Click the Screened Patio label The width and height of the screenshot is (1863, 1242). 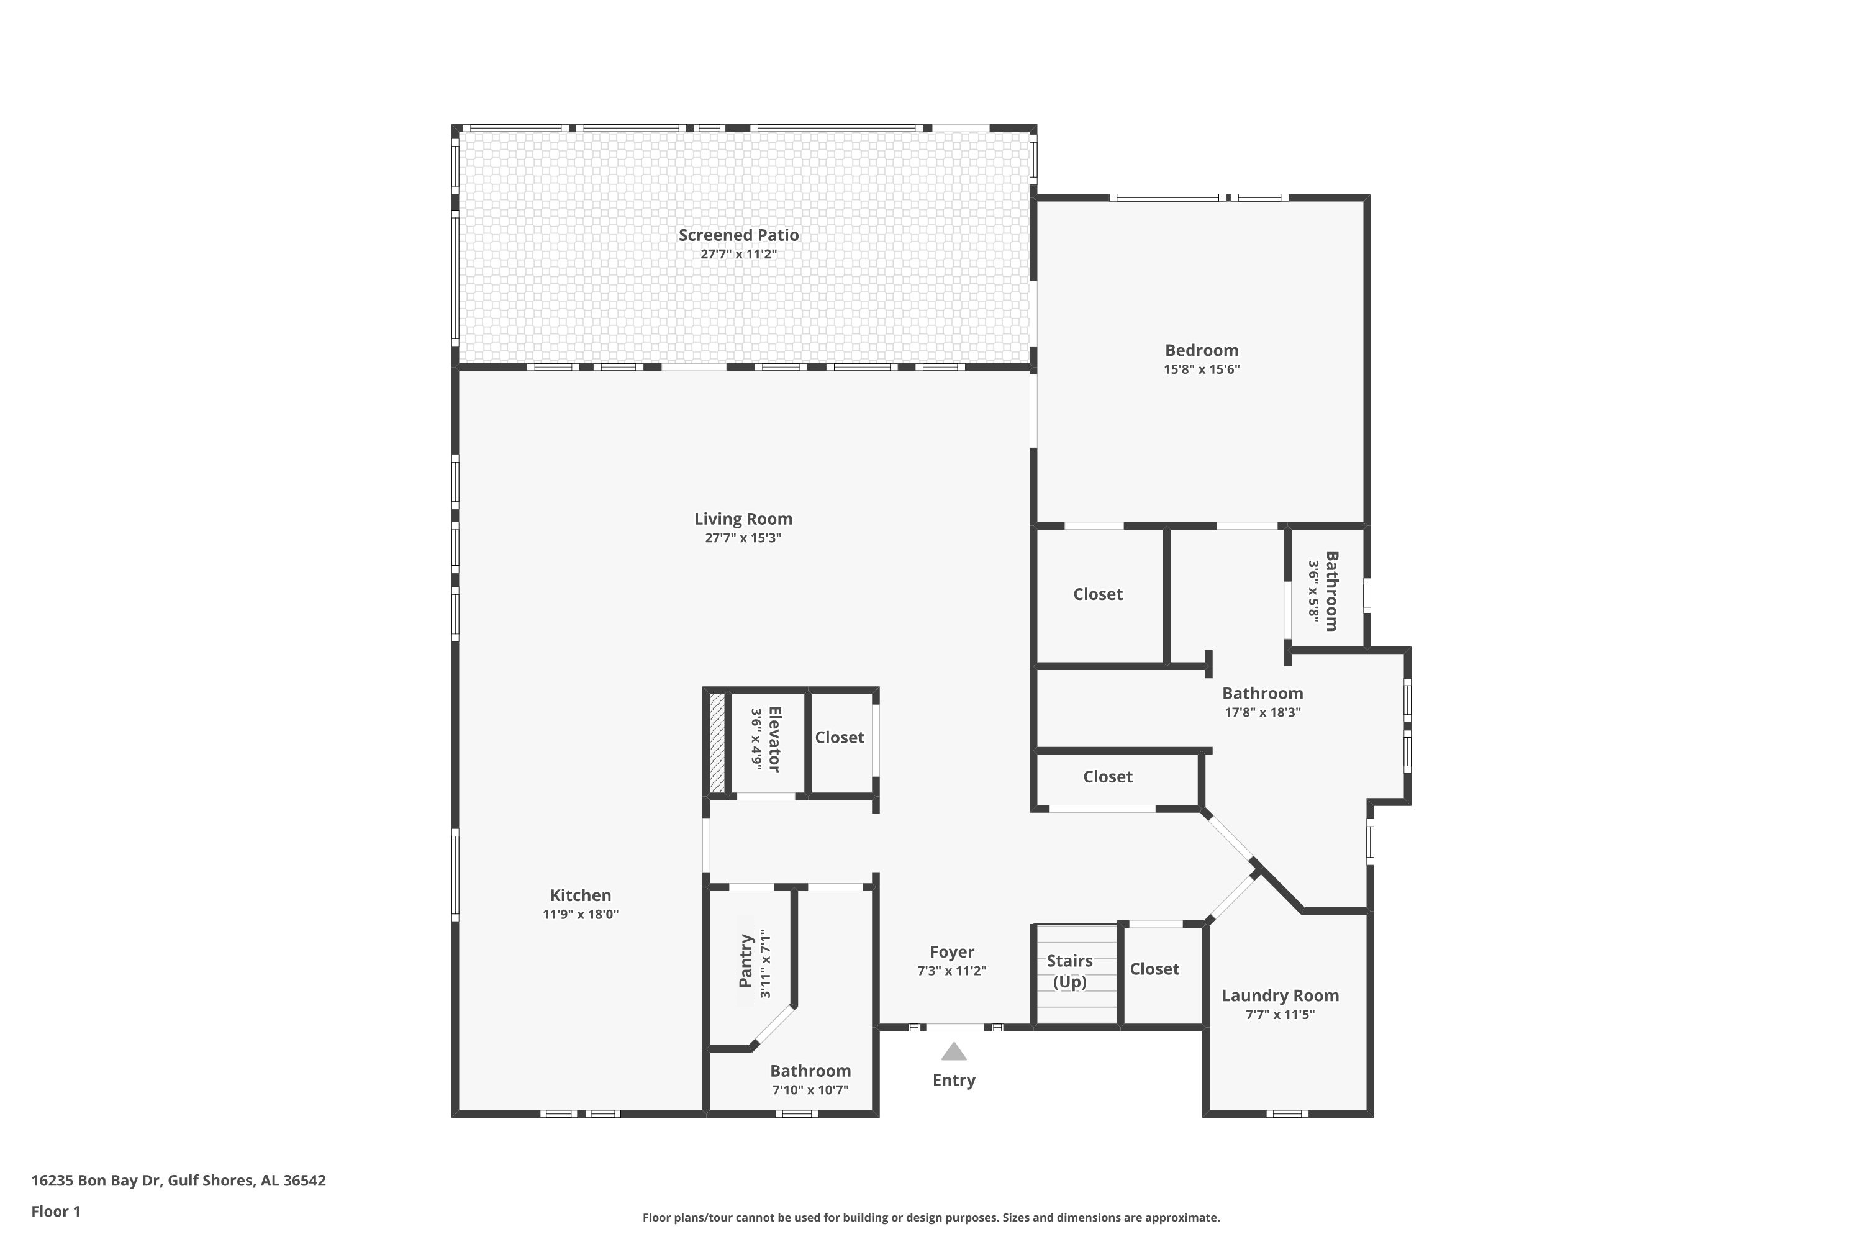click(738, 235)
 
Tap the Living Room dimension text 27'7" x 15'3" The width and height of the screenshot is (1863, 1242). click(743, 538)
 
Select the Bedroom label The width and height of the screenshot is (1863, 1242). click(1202, 350)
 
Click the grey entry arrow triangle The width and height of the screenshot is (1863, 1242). click(954, 1051)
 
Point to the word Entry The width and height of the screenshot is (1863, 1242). click(954, 1081)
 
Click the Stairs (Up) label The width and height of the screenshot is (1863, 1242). click(1069, 971)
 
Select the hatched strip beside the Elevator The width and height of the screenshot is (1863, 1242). click(717, 743)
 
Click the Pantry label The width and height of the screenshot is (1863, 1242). click(745, 961)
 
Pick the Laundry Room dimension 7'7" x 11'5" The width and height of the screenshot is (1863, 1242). click(1280, 1015)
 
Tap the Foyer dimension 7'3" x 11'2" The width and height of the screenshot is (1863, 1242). click(952, 971)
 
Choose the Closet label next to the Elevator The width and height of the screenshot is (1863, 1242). click(840, 738)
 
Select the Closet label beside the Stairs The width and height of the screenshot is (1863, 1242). click(1154, 969)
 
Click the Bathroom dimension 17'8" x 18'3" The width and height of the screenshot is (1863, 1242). click(1262, 712)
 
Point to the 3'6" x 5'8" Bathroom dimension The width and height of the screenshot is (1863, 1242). click(1314, 591)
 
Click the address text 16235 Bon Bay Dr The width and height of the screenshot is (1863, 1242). click(96, 1181)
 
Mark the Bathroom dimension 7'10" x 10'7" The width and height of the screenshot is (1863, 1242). click(810, 1090)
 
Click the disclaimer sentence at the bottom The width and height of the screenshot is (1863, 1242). click(931, 1217)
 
